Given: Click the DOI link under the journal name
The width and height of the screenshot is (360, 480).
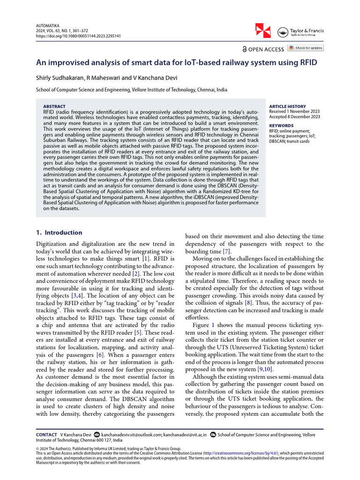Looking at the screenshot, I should click(78, 36).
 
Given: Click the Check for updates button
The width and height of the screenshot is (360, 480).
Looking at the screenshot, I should click(305, 48).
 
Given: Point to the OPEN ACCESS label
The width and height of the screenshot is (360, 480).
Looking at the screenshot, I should click(263, 49).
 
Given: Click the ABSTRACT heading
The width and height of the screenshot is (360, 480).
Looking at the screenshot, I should click(54, 106).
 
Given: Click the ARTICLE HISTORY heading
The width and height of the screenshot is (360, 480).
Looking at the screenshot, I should click(287, 106).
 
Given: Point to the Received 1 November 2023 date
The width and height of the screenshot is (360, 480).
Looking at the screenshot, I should click(294, 112).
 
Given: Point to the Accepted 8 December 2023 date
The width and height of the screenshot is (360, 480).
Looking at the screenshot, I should click(295, 117).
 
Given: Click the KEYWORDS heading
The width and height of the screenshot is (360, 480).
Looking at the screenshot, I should click(282, 126).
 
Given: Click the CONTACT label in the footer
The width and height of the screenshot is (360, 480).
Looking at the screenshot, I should click(46, 435).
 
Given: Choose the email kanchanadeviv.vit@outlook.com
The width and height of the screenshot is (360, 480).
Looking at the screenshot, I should click(131, 435).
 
